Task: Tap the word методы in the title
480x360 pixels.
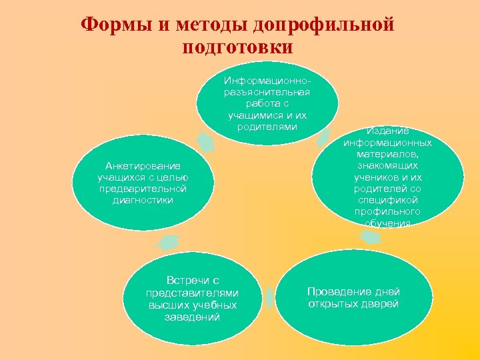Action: tap(208, 25)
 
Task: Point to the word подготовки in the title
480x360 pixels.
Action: tap(237, 48)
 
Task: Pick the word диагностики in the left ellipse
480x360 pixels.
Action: tap(143, 199)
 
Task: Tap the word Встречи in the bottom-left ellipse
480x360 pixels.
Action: tap(193, 281)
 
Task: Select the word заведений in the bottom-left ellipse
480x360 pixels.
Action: tap(193, 317)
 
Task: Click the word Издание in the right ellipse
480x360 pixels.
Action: tap(387, 131)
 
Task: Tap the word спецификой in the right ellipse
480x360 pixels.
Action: tap(387, 199)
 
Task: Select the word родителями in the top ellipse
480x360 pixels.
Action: tap(267, 127)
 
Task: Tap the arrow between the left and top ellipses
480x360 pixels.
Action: tap(205, 141)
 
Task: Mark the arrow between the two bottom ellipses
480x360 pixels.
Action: tap(269, 298)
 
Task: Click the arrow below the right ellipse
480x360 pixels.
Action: tap(369, 237)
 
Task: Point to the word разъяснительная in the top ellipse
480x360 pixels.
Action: tap(267, 93)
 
